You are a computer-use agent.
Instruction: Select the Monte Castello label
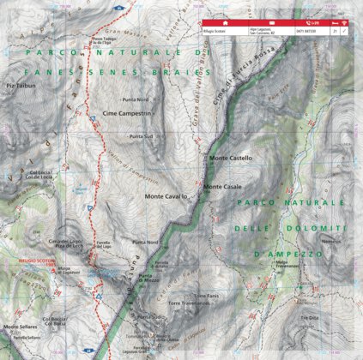pyautogui.click(x=230, y=158)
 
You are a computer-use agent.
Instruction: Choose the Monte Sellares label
pyautogui.click(x=20, y=327)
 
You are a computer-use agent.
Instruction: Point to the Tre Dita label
pyautogui.click(x=308, y=317)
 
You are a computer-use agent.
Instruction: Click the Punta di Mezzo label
pyautogui.click(x=151, y=279)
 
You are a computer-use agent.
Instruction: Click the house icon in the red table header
pyautogui.click(x=224, y=23)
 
